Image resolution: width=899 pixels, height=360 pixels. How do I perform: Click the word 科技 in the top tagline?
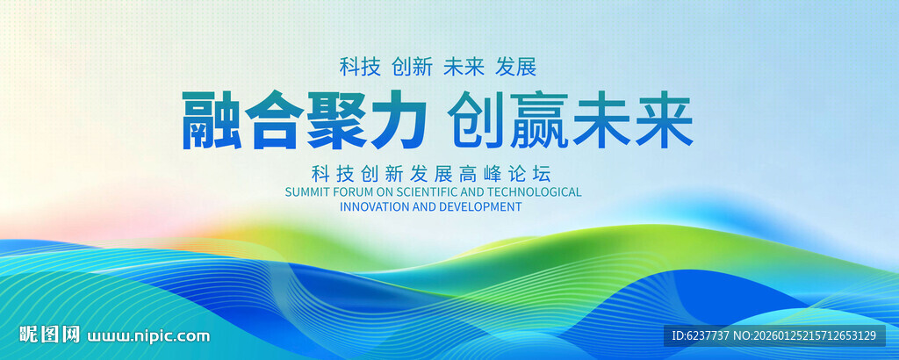pos(360,67)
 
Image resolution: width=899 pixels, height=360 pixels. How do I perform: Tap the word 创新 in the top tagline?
pos(412,67)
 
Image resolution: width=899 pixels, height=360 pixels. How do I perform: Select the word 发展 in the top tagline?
pos(516,67)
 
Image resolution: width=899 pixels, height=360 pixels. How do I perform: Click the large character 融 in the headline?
pos(211,119)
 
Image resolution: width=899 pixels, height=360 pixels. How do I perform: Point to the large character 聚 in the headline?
pos(335,119)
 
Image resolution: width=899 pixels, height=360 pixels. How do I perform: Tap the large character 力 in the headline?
pos(398,119)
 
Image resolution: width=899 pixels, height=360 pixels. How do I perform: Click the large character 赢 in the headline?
pos(538,119)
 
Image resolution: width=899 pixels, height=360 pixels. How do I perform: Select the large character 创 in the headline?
pos(476,119)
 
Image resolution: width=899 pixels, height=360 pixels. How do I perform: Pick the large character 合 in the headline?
pos(274,119)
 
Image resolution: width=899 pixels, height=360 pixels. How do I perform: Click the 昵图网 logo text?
pos(49,335)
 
